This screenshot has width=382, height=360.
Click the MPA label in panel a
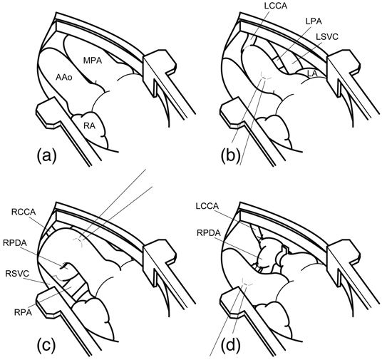93,61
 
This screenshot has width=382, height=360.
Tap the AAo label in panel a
64,77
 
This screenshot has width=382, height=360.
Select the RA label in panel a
89,126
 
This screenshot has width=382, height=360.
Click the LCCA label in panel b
276,6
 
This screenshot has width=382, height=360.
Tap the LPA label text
314,21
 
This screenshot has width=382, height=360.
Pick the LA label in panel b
312,73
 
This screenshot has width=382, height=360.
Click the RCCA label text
24,212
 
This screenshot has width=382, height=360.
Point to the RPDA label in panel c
15,243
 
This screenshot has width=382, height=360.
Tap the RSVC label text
17,274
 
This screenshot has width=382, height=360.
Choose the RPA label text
23,312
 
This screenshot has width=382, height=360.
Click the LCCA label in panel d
207,206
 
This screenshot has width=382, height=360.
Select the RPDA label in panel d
209,233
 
